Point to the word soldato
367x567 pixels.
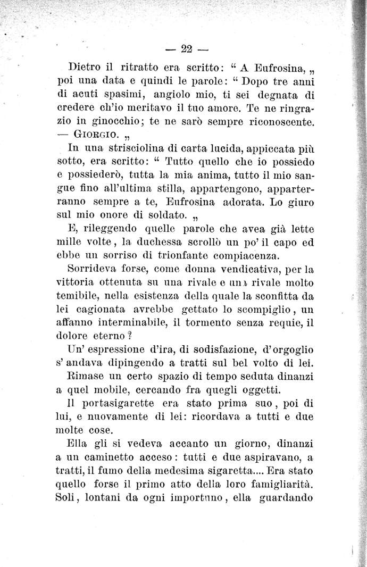click(166, 215)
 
